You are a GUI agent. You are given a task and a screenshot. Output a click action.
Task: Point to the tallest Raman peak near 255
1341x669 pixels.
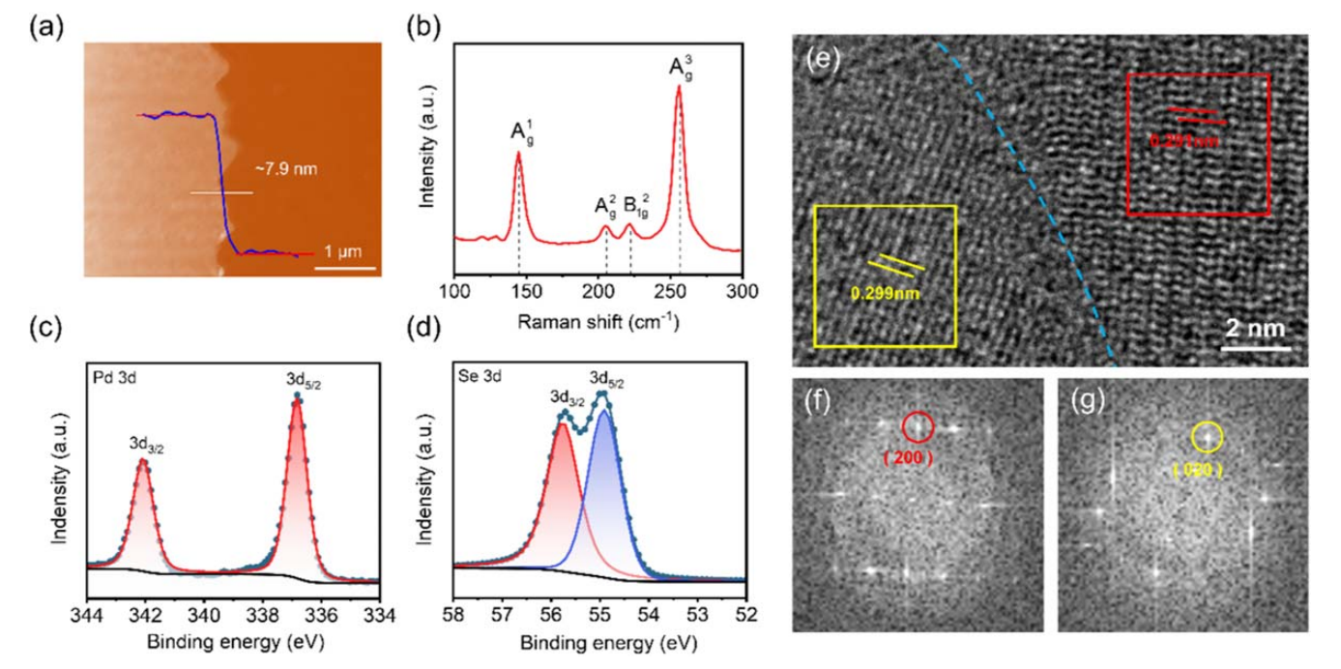pyautogui.click(x=679, y=87)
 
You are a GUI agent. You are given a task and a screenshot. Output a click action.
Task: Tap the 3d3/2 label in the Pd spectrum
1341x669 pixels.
pyautogui.click(x=144, y=444)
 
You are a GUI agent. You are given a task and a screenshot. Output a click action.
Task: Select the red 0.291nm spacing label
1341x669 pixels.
pyautogui.click(x=1180, y=140)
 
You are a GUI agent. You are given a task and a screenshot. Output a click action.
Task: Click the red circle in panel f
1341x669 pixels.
pyautogui.click(x=918, y=426)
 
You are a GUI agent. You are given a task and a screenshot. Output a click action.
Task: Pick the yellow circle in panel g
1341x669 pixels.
pyautogui.click(x=1206, y=438)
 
